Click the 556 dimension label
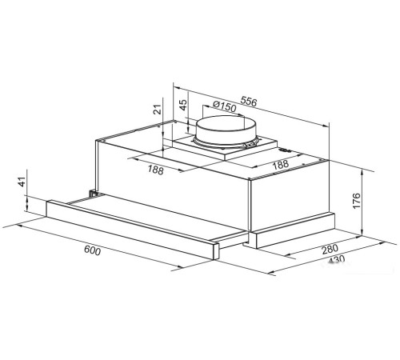pyautogui.click(x=249, y=102)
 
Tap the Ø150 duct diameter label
pyautogui.click(x=225, y=106)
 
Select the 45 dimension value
pyautogui.click(x=182, y=105)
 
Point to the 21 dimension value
pyautogui.click(x=158, y=109)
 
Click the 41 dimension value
pyautogui.click(x=22, y=182)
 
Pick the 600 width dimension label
pyautogui.click(x=92, y=250)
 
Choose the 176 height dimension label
pyautogui.click(x=356, y=201)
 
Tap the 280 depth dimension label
pyautogui.click(x=330, y=250)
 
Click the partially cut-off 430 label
pyautogui.click(x=337, y=259)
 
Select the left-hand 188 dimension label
pyautogui.click(x=155, y=170)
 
